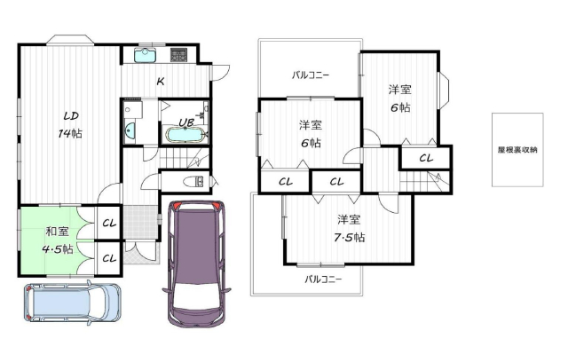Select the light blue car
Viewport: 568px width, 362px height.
(73, 303)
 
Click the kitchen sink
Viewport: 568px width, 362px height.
(146, 55)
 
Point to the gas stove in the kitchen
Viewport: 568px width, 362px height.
(178, 54)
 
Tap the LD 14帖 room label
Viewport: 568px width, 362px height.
(71, 125)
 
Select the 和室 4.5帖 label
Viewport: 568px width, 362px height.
(57, 240)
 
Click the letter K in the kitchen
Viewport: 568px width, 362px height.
(160, 82)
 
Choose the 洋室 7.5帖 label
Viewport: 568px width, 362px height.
(349, 228)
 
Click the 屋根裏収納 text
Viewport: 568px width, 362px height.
(517, 150)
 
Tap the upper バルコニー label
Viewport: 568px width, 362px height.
(311, 75)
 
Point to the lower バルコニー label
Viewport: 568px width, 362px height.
(323, 279)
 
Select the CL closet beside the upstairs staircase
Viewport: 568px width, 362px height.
(426, 158)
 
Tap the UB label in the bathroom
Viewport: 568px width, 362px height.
(186, 122)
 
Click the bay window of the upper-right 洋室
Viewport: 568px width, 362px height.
(444, 90)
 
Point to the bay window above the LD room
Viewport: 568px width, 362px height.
(70, 39)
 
